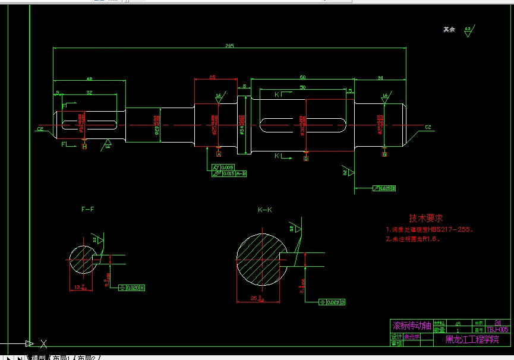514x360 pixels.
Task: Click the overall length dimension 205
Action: click(229, 45)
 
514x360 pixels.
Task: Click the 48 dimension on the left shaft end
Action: click(89, 78)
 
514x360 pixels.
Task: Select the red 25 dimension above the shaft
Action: click(212, 77)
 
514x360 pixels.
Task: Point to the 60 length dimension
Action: click(302, 77)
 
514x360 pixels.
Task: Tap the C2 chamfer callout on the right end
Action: click(427, 127)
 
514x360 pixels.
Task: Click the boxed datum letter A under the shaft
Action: click(218, 154)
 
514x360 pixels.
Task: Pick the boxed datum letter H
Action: click(84, 146)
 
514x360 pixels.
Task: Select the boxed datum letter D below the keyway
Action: click(306, 159)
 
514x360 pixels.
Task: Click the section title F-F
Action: click(88, 209)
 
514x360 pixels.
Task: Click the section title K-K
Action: click(264, 210)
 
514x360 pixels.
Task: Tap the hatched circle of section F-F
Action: click(83, 260)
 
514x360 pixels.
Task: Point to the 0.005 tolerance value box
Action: click(228, 168)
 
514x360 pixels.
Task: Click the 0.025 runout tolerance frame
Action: click(384, 188)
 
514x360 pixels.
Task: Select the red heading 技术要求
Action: click(426, 218)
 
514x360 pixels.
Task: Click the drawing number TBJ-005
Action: click(497, 329)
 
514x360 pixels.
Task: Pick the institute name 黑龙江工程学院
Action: click(472, 339)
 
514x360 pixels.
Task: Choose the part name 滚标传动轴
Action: click(411, 326)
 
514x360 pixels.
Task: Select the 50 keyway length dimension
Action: click(302, 87)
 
